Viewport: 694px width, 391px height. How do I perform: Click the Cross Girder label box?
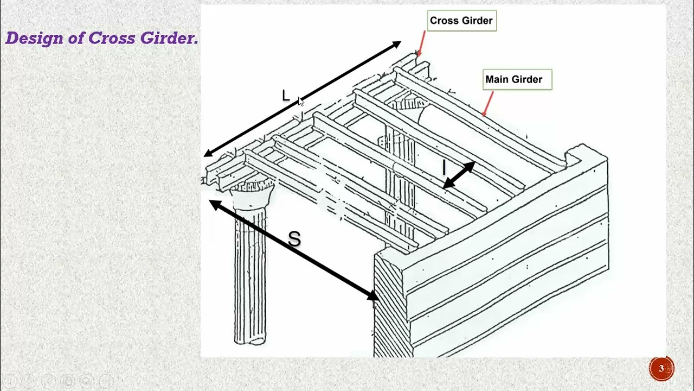click(461, 21)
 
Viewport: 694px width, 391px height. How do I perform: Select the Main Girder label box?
click(517, 79)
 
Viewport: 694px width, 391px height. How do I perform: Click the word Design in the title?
click(27, 39)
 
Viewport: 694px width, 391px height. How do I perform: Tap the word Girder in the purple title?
click(169, 39)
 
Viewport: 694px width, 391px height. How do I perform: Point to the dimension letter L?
click(286, 96)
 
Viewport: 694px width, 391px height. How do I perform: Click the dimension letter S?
click(294, 239)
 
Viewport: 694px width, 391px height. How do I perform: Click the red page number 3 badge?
click(661, 369)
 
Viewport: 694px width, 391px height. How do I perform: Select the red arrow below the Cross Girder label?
click(421, 43)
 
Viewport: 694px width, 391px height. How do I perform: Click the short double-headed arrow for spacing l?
click(459, 175)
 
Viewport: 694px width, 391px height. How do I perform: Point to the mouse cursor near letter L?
click(301, 102)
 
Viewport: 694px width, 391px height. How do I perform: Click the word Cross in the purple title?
click(112, 39)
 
